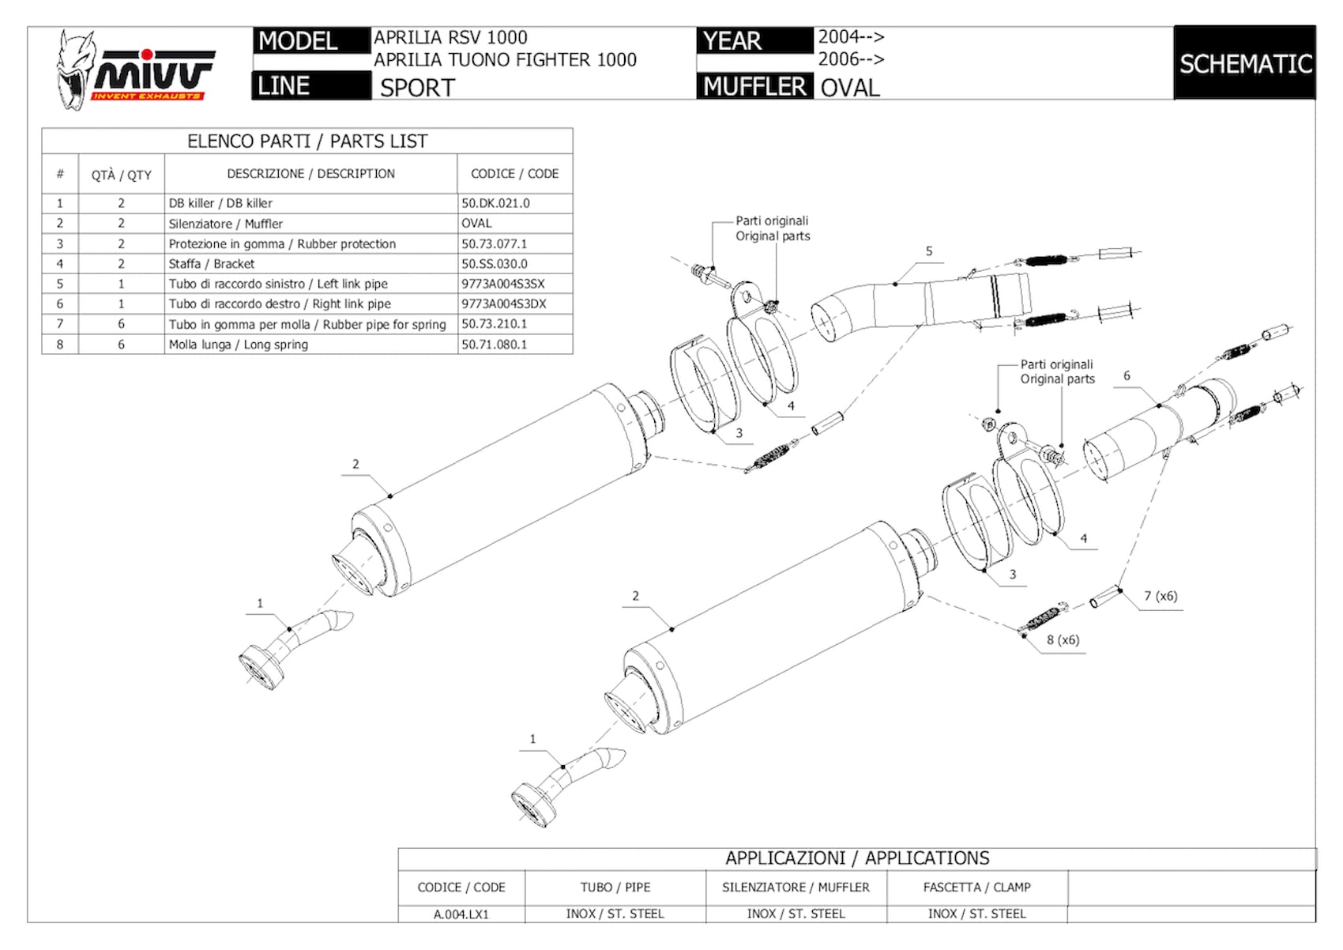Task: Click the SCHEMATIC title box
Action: point(1245,63)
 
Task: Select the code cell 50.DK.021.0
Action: point(495,203)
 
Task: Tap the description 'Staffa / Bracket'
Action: point(211,264)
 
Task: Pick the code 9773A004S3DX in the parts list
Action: point(504,303)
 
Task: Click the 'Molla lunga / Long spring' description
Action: point(238,345)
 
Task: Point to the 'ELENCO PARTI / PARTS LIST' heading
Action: point(307,141)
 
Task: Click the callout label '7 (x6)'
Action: point(1161,596)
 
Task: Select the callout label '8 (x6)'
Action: point(1063,640)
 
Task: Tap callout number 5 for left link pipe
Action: point(929,251)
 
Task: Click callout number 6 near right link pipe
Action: point(1127,376)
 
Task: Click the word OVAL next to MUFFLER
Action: point(849,89)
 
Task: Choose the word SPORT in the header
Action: point(417,89)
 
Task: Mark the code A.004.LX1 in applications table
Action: point(461,914)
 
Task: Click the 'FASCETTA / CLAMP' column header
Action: point(976,888)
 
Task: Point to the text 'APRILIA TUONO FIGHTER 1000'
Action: point(505,60)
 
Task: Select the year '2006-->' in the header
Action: point(852,59)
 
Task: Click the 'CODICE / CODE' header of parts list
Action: point(514,174)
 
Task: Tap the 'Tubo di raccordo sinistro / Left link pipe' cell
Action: point(277,284)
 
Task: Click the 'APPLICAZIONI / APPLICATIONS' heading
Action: point(857,858)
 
